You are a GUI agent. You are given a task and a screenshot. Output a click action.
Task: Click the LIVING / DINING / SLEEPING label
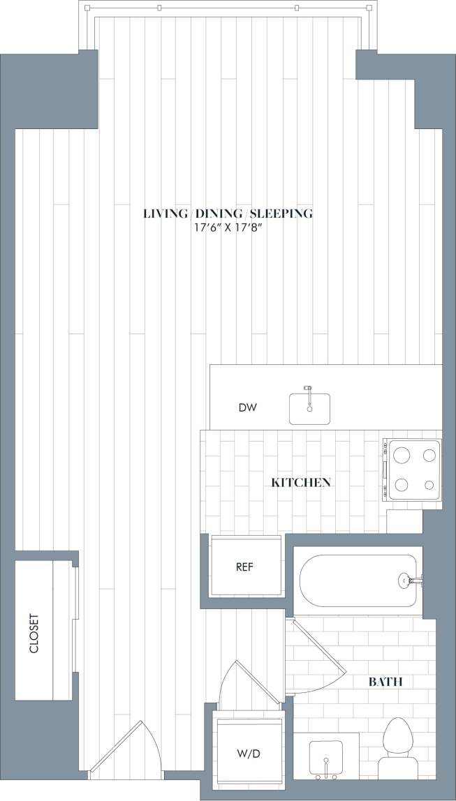click(228, 214)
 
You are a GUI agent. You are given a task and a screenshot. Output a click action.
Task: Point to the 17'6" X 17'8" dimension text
click(228, 228)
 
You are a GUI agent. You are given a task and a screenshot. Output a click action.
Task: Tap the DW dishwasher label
click(247, 407)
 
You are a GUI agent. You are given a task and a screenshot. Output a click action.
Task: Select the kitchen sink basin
click(310, 410)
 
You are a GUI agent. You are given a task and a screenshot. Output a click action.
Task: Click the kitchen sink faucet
click(307, 389)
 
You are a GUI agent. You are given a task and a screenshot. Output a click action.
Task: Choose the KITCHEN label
click(300, 482)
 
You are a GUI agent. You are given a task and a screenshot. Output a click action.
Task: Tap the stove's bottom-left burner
click(402, 485)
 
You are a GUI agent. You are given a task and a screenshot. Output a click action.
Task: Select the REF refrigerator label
click(244, 567)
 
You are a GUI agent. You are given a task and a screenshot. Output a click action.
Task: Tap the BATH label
click(385, 682)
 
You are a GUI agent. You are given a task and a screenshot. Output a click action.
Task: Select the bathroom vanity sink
click(325, 757)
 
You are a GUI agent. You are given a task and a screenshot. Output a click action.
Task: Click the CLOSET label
click(34, 633)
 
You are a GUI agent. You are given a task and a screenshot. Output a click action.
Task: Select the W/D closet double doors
click(234, 687)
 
